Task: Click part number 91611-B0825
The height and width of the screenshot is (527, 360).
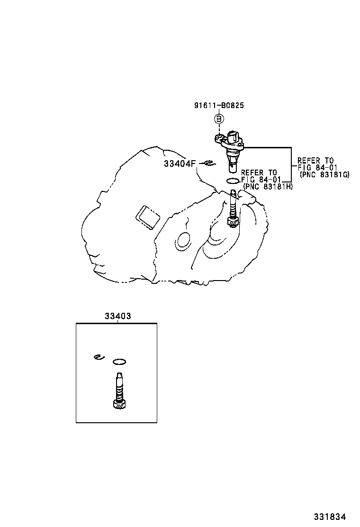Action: [x=219, y=105]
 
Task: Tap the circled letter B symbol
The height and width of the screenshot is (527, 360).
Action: [x=219, y=118]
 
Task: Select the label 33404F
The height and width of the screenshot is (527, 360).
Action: [x=180, y=164]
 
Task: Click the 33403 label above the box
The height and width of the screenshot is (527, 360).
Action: [x=117, y=316]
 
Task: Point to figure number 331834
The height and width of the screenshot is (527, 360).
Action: [x=330, y=517]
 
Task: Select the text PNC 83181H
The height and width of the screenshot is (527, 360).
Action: [x=268, y=186]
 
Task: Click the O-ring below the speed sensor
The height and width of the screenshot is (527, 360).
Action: [x=233, y=181]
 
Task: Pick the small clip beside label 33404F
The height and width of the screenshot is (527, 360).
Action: [x=209, y=164]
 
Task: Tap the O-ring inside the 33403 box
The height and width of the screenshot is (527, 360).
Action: [x=119, y=362]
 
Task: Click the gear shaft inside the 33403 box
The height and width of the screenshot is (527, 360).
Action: [x=119, y=391]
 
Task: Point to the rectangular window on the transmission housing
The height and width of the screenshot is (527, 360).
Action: [x=147, y=218]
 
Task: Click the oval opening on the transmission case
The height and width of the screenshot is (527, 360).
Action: [x=184, y=240]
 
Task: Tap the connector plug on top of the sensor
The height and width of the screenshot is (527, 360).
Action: [x=234, y=136]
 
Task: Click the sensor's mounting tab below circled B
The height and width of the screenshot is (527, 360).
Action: [x=219, y=138]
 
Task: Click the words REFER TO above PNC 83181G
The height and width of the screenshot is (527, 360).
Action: [x=315, y=161]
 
